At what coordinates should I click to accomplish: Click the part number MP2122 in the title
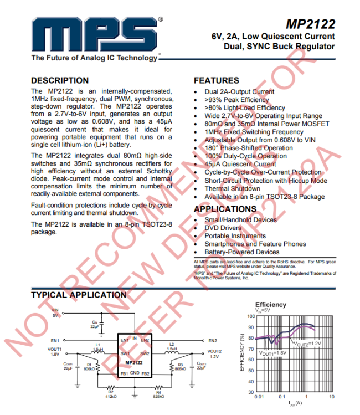coord(310,24)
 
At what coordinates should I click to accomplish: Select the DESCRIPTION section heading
coord(60,80)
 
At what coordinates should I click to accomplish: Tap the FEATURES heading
coord(217,80)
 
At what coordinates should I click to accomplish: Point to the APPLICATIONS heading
coord(225,209)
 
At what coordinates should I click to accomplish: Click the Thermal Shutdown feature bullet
coord(232,188)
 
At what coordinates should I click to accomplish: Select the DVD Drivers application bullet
coord(223,228)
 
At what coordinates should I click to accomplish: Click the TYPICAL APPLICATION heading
coord(79,295)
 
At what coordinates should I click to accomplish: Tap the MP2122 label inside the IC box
coord(135,363)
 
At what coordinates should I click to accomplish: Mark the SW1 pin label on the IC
coord(125,353)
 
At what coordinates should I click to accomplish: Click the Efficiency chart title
coord(270,305)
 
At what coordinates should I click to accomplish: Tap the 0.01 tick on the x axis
coord(258,397)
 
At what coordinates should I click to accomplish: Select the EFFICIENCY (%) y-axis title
coord(242,352)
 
